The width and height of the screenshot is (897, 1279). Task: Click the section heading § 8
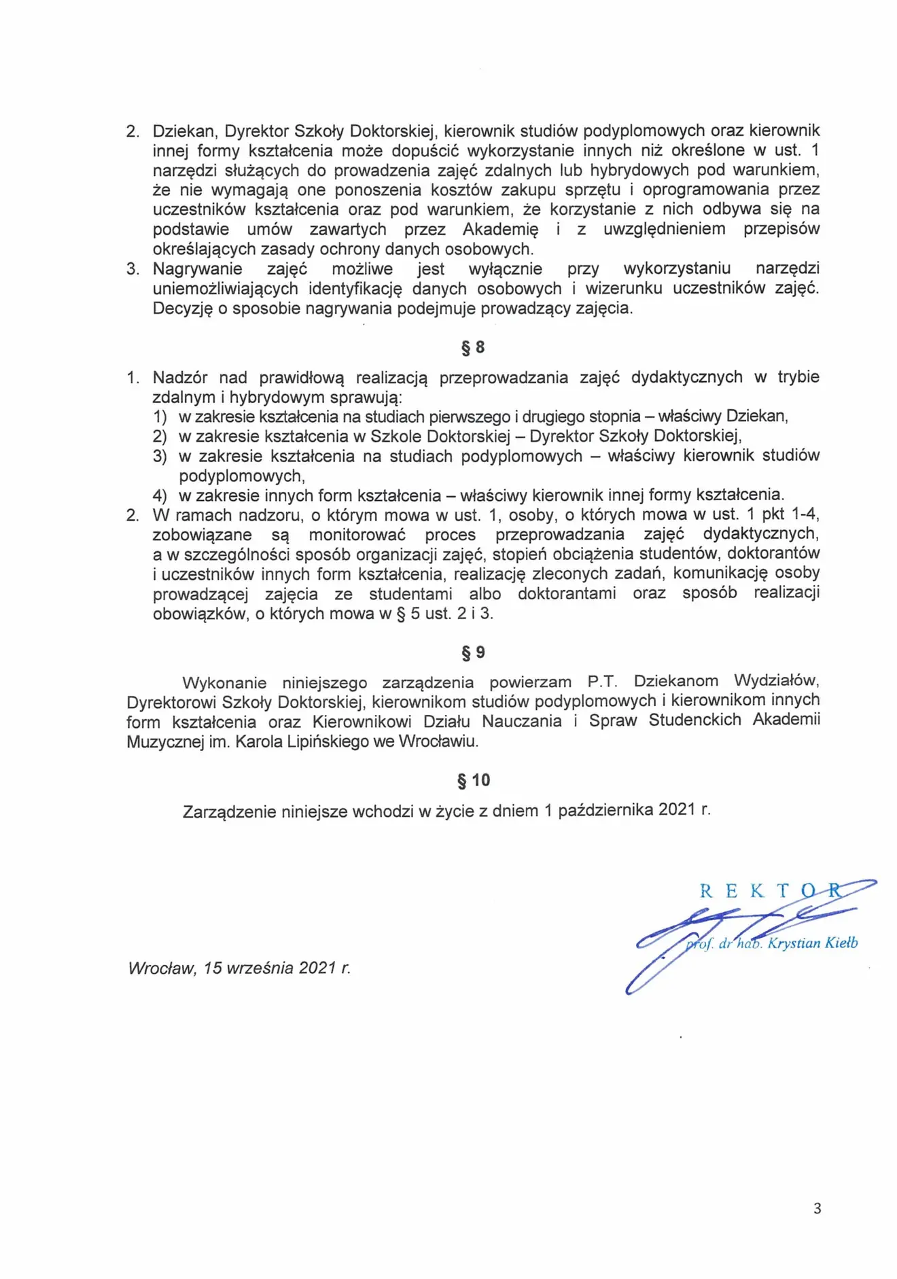[473, 348]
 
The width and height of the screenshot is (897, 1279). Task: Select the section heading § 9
[473, 652]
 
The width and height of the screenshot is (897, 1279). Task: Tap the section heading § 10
[474, 780]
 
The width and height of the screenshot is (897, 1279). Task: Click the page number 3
[817, 1208]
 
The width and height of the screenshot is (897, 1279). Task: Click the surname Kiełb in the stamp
[842, 943]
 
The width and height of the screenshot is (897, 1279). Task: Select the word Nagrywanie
[197, 269]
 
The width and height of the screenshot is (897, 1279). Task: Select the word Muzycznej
[165, 741]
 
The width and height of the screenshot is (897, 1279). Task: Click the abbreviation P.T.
[602, 682]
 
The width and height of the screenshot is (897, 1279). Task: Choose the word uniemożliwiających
[225, 289]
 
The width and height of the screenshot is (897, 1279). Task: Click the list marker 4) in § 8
[160, 495]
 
